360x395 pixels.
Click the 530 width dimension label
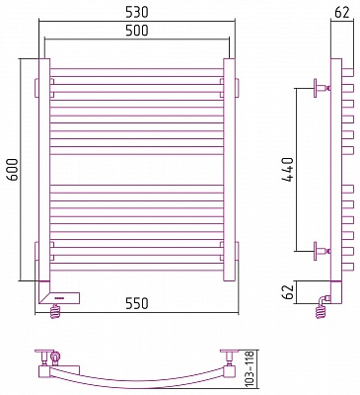[x=137, y=12]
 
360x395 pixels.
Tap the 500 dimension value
[x=137, y=31]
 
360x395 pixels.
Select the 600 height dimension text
[x=13, y=170]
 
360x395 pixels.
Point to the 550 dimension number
[x=137, y=303]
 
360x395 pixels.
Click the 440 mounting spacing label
[x=288, y=169]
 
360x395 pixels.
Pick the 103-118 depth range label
[x=251, y=368]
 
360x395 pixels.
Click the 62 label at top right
[x=342, y=12]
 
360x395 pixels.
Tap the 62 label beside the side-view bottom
[x=288, y=291]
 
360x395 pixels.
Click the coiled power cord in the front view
[x=55, y=311]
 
